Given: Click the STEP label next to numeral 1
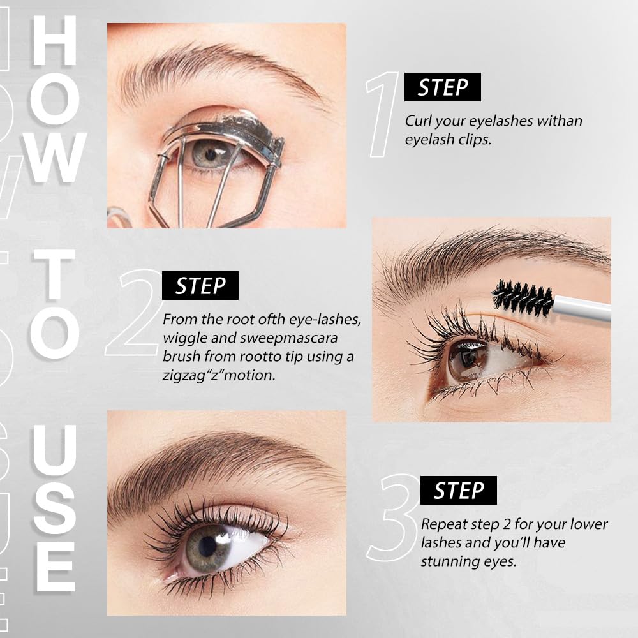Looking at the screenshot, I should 443,87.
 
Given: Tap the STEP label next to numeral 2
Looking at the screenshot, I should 200,286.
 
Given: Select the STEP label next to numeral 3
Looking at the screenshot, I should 458,491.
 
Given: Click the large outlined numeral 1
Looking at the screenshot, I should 383,115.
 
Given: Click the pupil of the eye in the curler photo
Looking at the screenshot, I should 210,154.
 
